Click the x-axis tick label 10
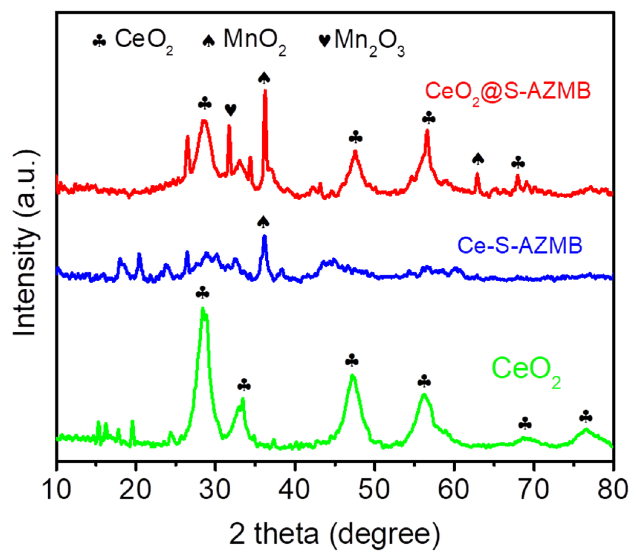coord(57,489)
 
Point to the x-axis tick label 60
coord(454,489)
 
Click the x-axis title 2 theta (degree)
coord(334,534)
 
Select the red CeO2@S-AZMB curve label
coord(507,92)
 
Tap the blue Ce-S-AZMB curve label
coord(519,246)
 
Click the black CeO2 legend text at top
coord(143,40)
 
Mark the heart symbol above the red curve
coord(230,110)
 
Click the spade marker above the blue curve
coord(263,222)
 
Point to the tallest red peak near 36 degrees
coord(265,91)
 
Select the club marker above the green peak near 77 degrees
coord(586,417)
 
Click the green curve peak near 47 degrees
coord(352,376)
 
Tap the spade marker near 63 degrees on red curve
coord(478,159)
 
